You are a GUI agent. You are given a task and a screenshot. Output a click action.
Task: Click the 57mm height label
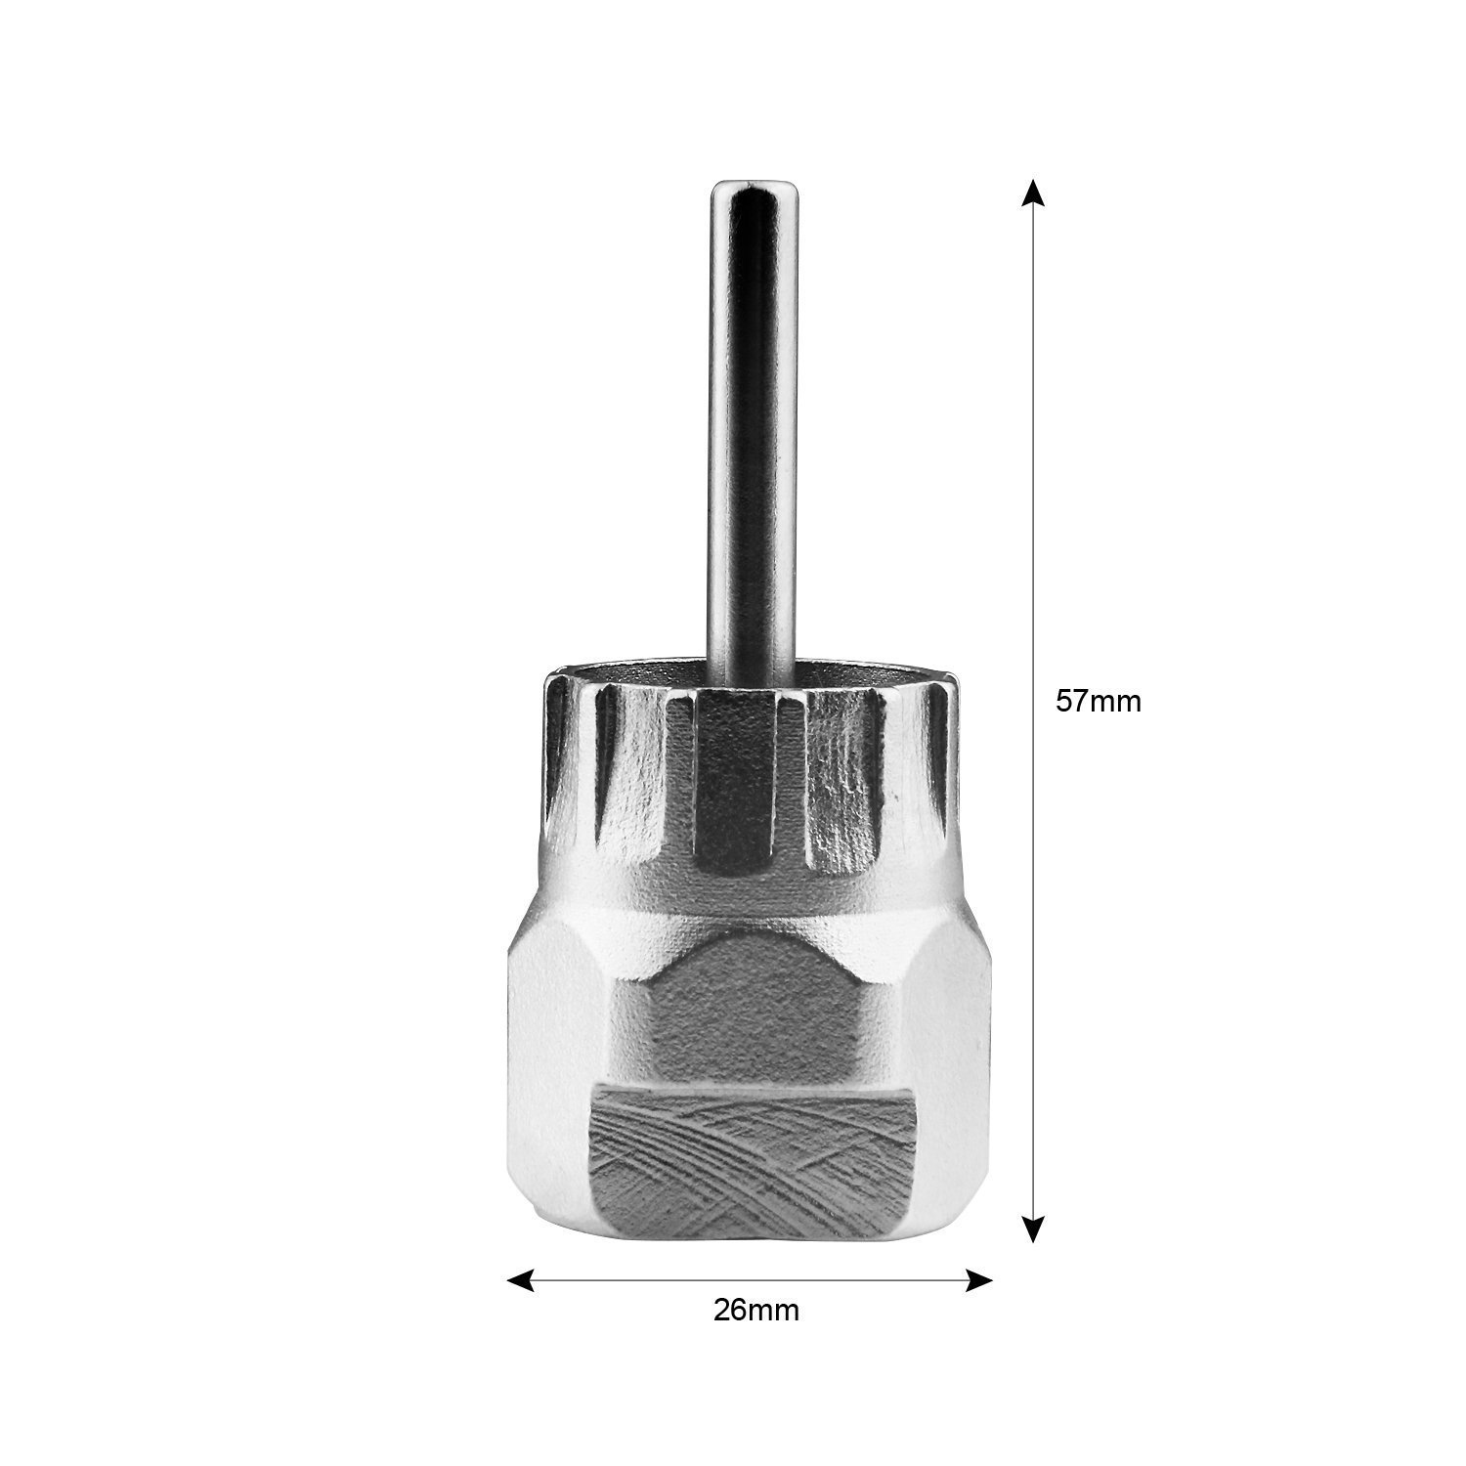coord(1098,702)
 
